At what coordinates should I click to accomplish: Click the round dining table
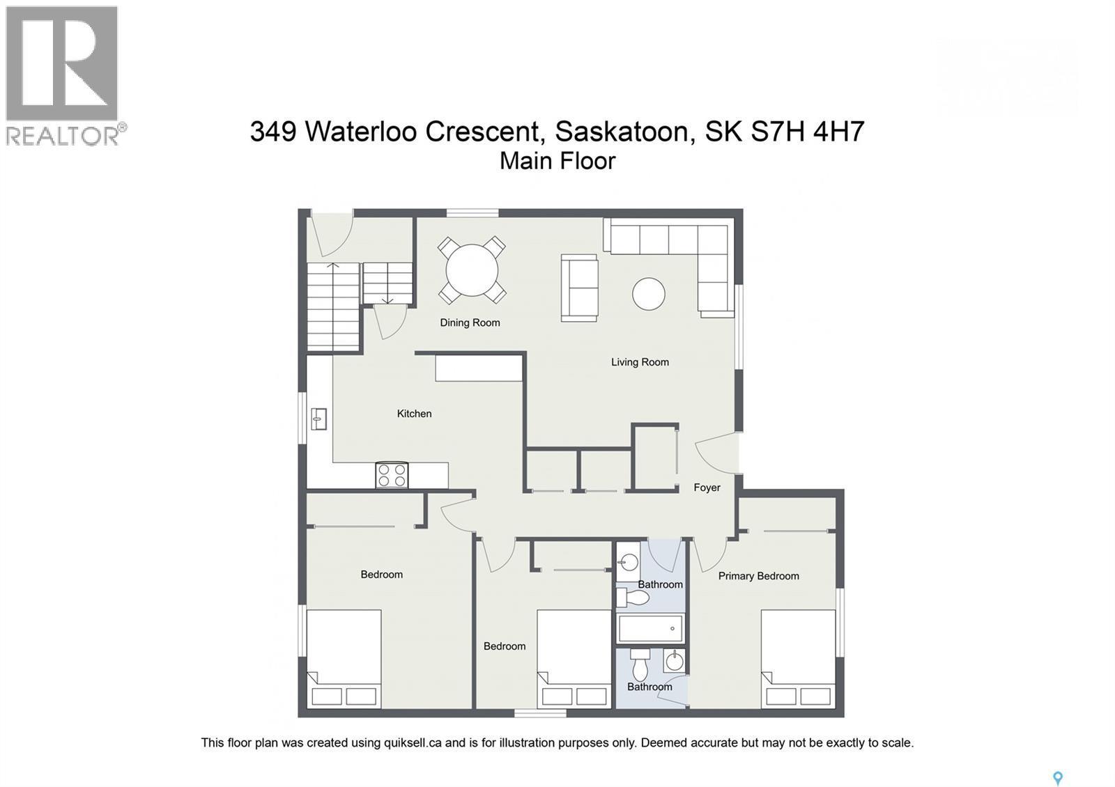tap(472, 270)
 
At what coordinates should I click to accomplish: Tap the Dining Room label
tap(470, 322)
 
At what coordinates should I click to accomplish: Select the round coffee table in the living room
tap(648, 293)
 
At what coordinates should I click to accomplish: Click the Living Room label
tap(640, 362)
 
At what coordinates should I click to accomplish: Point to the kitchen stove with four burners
tap(392, 475)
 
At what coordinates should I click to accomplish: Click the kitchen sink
tap(319, 419)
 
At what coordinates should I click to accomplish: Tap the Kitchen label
tap(414, 414)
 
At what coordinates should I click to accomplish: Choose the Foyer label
tap(707, 488)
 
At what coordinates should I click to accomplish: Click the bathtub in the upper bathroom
tap(651, 628)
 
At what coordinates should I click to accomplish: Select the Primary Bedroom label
tap(758, 576)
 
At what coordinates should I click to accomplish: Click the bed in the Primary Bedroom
tap(798, 658)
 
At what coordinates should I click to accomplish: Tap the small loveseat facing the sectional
tap(580, 288)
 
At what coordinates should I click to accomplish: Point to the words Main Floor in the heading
tap(557, 161)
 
